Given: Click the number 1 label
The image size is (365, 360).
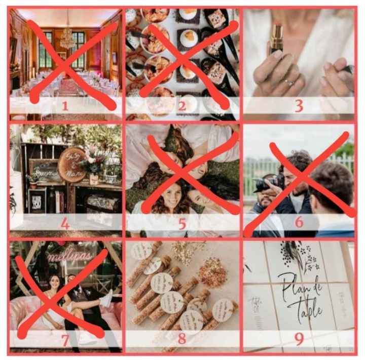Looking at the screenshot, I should pyautogui.click(x=64, y=106).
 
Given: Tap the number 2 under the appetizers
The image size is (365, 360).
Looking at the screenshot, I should pyautogui.click(x=181, y=106).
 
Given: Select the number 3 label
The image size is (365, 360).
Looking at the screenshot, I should pyautogui.click(x=299, y=106).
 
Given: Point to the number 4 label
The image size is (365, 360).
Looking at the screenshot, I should pyautogui.click(x=64, y=223).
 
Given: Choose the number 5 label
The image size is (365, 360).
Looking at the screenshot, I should pyautogui.click(x=181, y=223).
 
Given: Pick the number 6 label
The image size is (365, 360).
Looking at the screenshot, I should pyautogui.click(x=299, y=223).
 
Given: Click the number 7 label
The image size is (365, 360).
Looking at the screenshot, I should pyautogui.click(x=64, y=340).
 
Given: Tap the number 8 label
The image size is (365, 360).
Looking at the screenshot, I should pyautogui.click(x=181, y=340).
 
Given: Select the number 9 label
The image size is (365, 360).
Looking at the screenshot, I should pyautogui.click(x=299, y=340).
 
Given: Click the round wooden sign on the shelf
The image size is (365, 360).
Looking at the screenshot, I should pyautogui.click(x=72, y=165).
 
